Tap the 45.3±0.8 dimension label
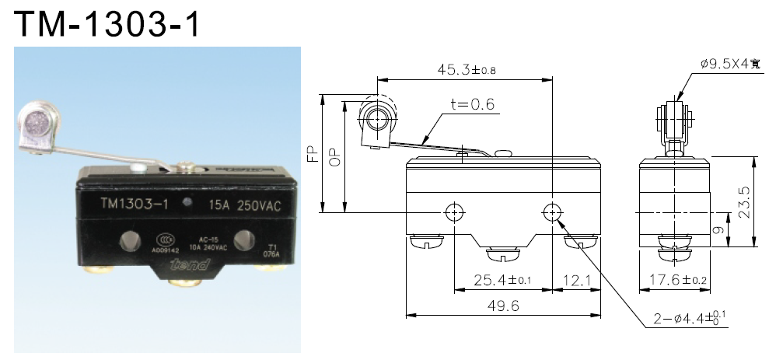[466, 70]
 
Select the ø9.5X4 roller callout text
[729, 65]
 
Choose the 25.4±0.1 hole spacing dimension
[502, 280]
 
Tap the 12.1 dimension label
[576, 280]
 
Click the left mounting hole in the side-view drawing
[454, 211]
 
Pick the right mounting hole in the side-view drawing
[551, 211]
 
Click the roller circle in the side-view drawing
[378, 119]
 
